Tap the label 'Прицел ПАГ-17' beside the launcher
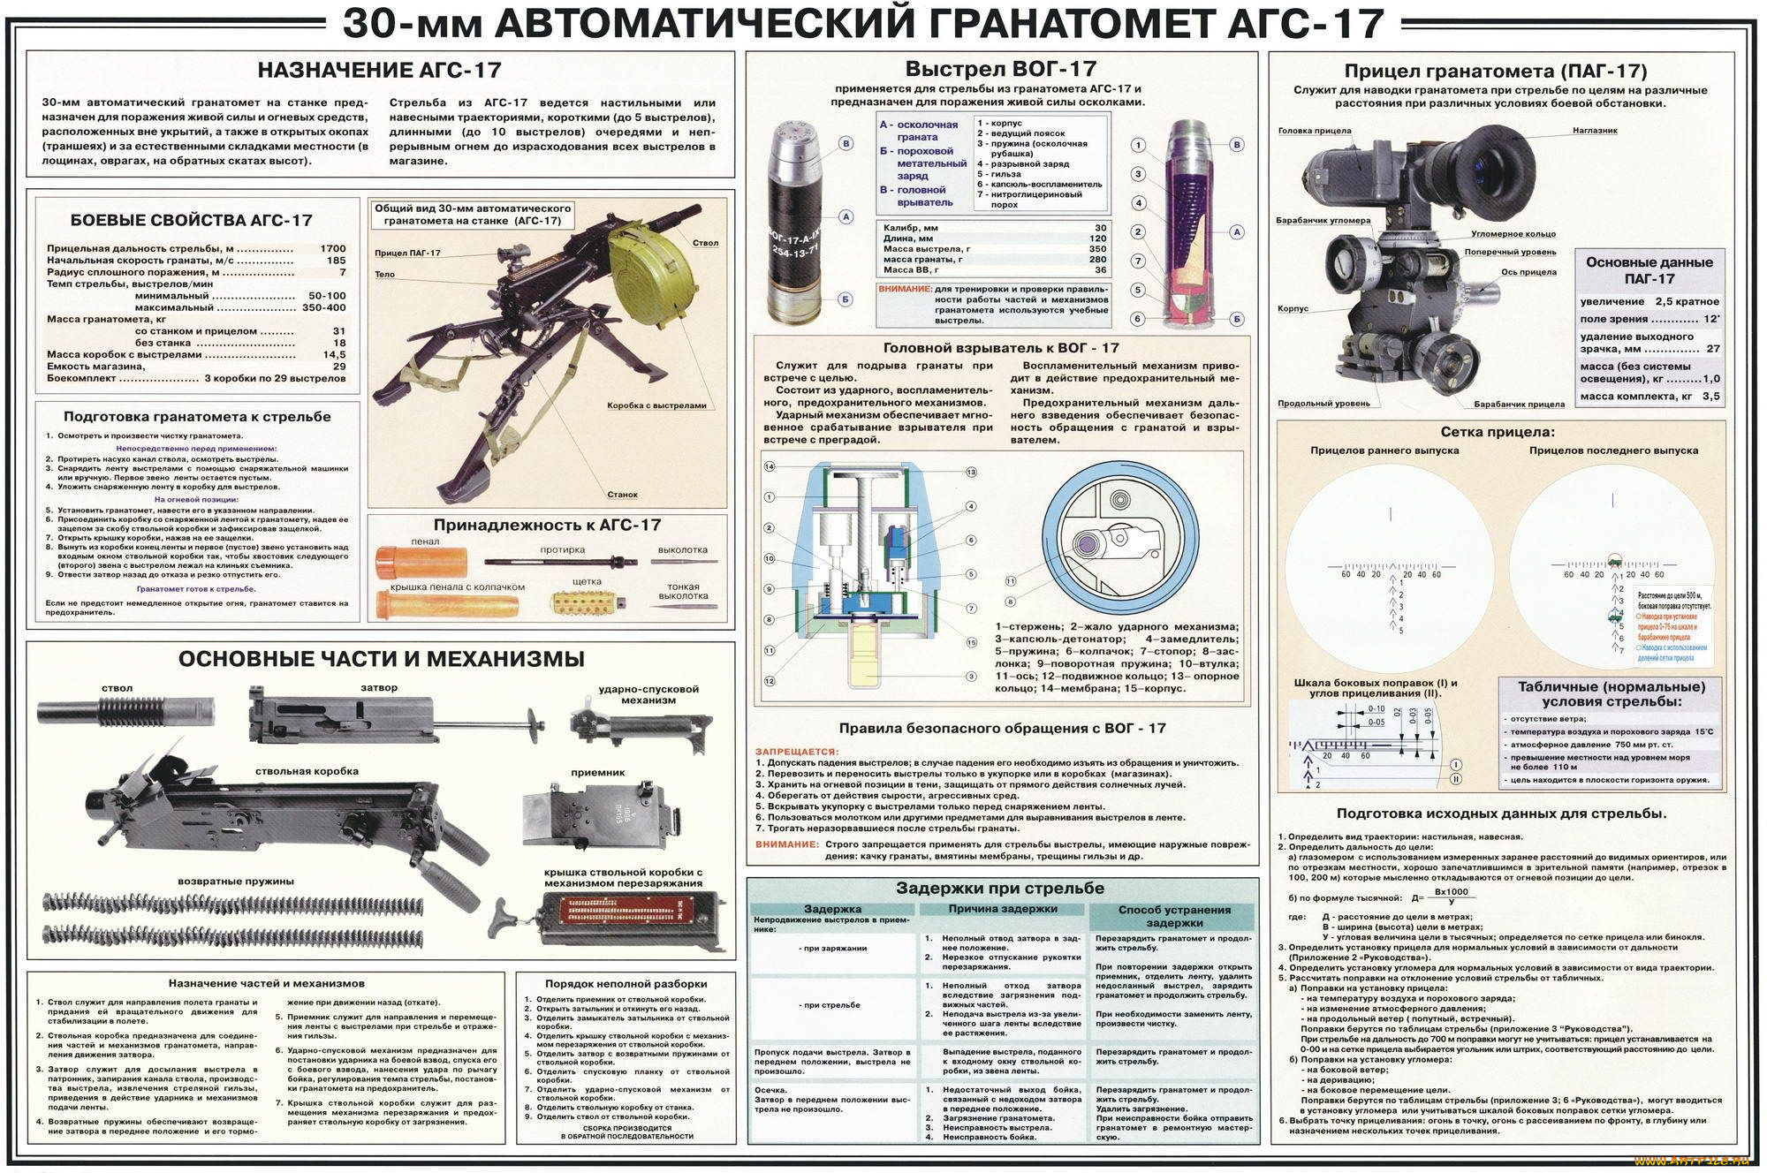pyautogui.click(x=407, y=254)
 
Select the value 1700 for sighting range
pyautogui.click(x=333, y=249)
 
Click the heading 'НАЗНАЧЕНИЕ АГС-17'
pyautogui.click(x=379, y=71)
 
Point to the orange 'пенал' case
pyautogui.click(x=421, y=563)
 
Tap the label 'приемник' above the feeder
pyautogui.click(x=598, y=772)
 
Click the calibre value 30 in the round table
pyautogui.click(x=1100, y=228)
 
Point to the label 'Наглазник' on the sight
pyautogui.click(x=1595, y=131)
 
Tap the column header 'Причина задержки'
pyautogui.click(x=1003, y=909)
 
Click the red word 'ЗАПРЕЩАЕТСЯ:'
pyautogui.click(x=797, y=752)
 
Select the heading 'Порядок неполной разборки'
pyautogui.click(x=626, y=983)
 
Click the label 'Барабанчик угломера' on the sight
pyautogui.click(x=1323, y=221)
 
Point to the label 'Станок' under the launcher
pyautogui.click(x=622, y=495)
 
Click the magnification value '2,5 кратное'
pyautogui.click(x=1687, y=302)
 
